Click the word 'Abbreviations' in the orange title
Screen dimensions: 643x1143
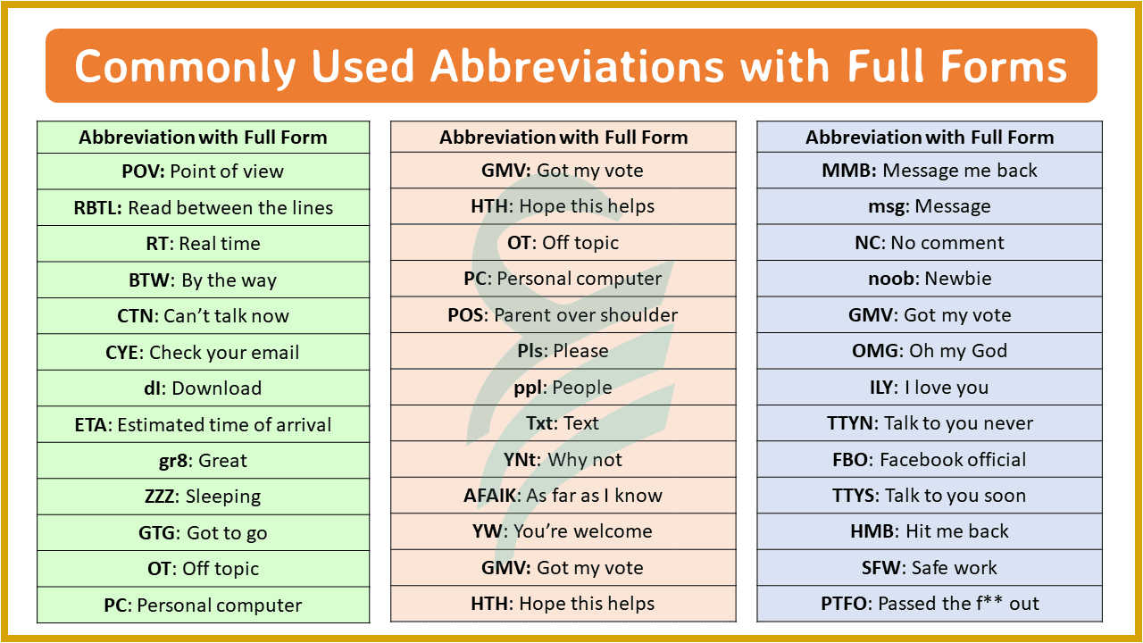point(575,66)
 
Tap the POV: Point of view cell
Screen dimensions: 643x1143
point(203,171)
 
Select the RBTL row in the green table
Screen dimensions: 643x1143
point(203,208)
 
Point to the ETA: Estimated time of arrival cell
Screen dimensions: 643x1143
point(203,425)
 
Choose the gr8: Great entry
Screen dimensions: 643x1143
point(203,461)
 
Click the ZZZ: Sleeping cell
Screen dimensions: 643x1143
point(203,497)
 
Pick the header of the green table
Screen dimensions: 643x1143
point(203,138)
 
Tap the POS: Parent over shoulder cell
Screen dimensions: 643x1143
point(563,315)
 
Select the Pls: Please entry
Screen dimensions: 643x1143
point(563,351)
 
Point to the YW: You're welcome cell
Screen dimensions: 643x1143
point(563,531)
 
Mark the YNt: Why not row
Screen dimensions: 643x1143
point(563,460)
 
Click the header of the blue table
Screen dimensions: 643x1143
point(930,138)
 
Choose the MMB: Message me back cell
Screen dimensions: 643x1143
point(930,171)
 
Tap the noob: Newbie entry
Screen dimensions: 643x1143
point(930,279)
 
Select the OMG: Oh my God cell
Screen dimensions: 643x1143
point(930,351)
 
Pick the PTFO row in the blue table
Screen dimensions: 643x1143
point(930,604)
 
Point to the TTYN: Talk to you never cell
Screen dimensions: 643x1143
point(930,423)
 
